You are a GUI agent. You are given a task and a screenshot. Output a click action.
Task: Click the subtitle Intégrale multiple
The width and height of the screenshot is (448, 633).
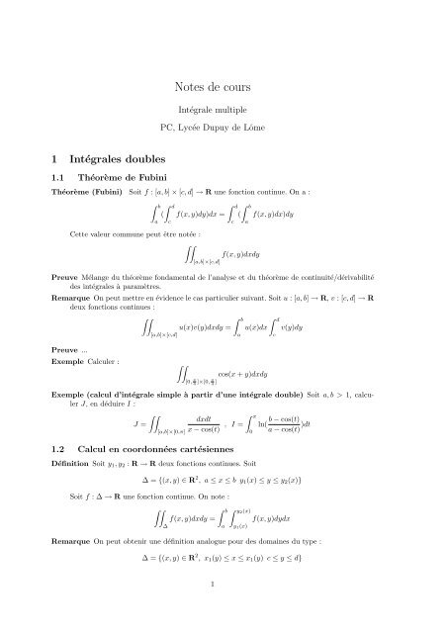224,111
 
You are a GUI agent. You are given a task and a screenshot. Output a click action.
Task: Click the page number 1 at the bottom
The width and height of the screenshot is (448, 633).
224,610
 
